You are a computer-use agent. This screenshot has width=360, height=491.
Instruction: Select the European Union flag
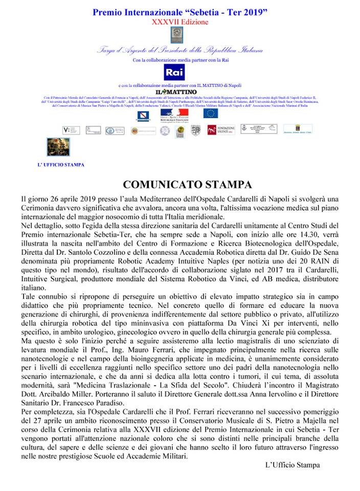tap(210, 113)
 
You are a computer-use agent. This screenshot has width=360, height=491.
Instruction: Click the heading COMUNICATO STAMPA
tap(180, 184)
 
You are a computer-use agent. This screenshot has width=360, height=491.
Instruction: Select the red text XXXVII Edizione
tap(180, 23)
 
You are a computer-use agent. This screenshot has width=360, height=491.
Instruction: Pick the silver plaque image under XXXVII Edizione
tap(179, 36)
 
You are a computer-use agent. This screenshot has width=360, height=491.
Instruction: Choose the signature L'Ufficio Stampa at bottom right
tap(292, 465)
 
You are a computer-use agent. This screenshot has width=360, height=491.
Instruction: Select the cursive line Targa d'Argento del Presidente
tap(180, 50)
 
